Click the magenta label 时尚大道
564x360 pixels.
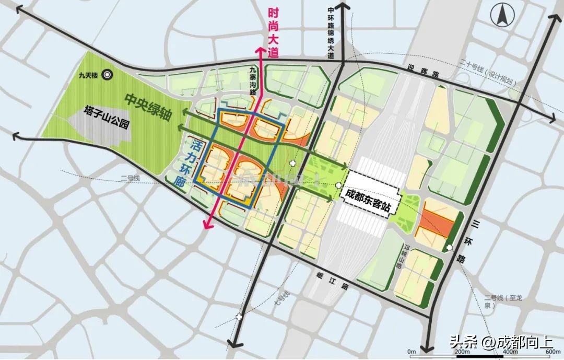273,32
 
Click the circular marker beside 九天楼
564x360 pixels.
108,75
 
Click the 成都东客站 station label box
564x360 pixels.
368,194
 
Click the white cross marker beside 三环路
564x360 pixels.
450,247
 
